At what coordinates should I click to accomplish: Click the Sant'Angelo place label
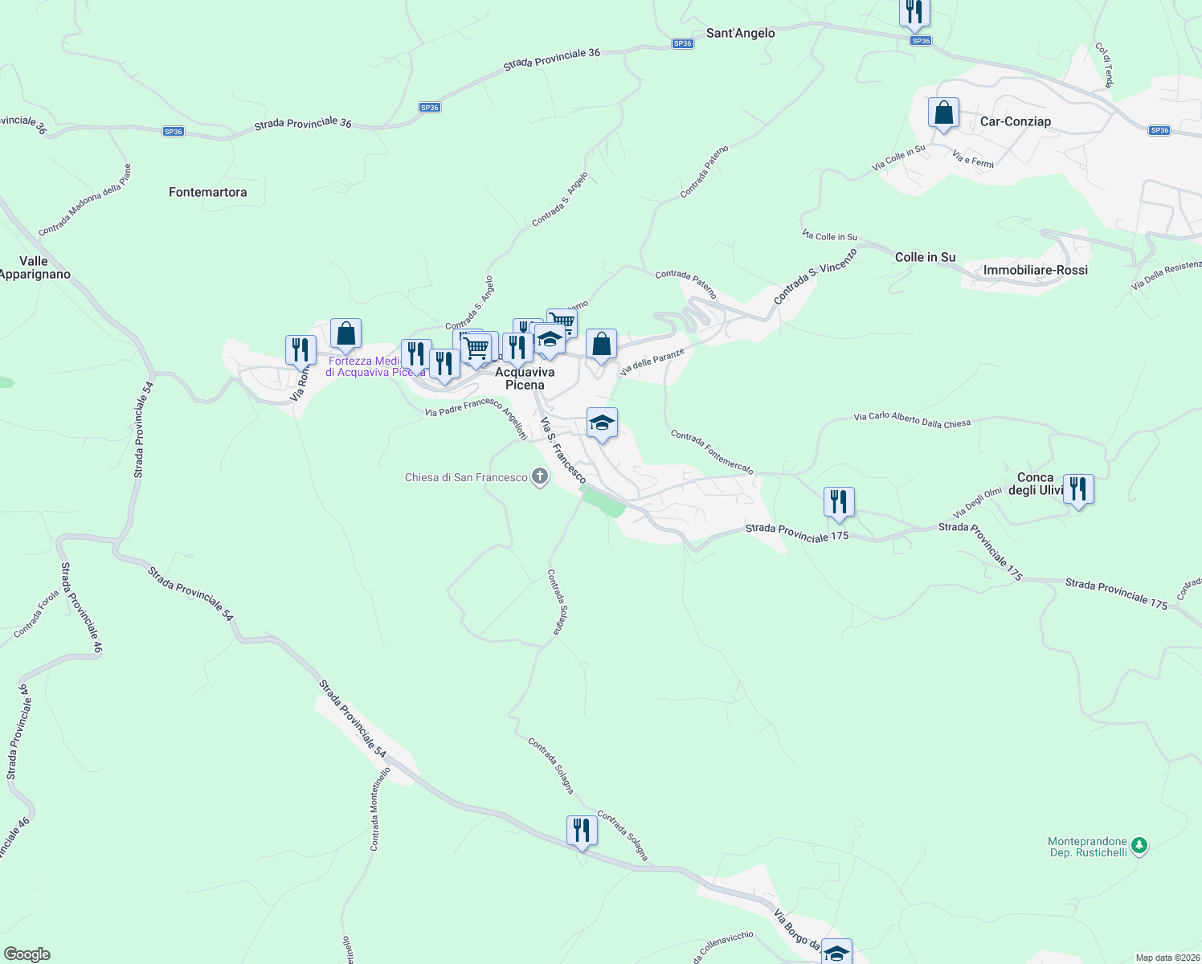pos(740,33)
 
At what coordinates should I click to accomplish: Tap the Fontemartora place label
pos(207,192)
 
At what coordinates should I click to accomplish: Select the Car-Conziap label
pos(1016,121)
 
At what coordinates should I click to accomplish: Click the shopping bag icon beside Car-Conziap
pos(943,113)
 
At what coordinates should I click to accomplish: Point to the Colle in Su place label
pos(925,257)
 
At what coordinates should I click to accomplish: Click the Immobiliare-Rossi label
pos(1035,270)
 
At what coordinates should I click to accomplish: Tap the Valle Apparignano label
pos(35,268)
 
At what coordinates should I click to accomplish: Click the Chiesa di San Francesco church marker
pos(540,477)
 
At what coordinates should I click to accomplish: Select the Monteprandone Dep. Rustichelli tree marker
pos(1139,846)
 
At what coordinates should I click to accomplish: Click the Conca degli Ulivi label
pos(1035,484)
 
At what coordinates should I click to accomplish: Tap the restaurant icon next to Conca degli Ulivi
pos(1078,488)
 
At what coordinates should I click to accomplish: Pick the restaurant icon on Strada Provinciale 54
pos(582,831)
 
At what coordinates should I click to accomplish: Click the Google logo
pos(27,954)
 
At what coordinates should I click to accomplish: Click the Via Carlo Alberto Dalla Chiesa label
pos(912,420)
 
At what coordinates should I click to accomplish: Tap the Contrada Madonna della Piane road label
pos(84,200)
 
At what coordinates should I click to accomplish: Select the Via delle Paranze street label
pos(652,362)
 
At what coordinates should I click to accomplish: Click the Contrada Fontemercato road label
pos(712,451)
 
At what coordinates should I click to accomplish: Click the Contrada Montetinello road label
pos(379,809)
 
